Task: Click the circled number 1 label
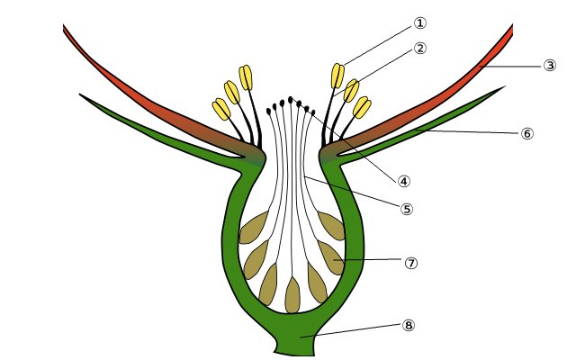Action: (x=419, y=23)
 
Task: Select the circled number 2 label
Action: (x=419, y=48)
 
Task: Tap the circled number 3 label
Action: (x=549, y=66)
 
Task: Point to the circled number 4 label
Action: (x=404, y=181)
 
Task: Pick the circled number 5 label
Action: (x=407, y=209)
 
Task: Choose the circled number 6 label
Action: (x=527, y=133)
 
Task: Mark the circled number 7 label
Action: (x=411, y=263)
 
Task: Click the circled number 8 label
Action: (x=409, y=325)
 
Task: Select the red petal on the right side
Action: (x=432, y=99)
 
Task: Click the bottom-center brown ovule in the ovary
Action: (x=292, y=295)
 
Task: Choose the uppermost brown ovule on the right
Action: (x=332, y=225)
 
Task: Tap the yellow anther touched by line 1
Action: (x=337, y=75)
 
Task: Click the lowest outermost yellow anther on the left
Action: (x=221, y=109)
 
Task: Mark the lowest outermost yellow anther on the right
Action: (x=362, y=107)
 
